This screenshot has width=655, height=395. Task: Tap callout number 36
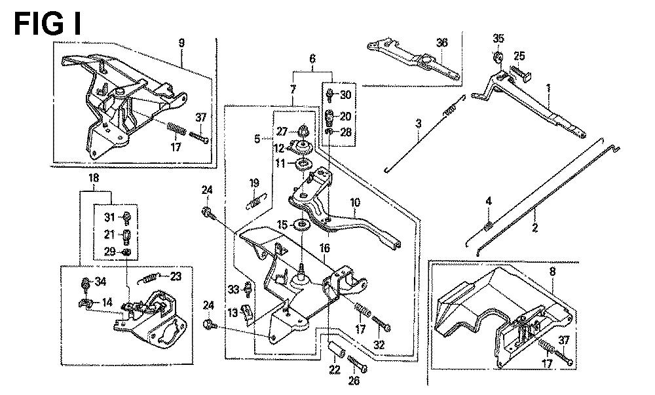(442, 43)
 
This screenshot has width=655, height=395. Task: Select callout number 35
(498, 37)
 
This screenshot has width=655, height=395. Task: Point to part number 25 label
(519, 55)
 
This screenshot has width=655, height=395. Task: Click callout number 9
(181, 43)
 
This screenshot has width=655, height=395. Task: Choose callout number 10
(355, 203)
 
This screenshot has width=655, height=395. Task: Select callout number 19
(255, 183)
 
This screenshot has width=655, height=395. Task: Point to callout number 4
(487, 201)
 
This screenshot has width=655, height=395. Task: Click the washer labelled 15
(303, 226)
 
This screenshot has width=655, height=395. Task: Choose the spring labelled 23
(149, 279)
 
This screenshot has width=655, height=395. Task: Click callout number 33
(233, 290)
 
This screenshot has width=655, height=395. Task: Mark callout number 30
(346, 96)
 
